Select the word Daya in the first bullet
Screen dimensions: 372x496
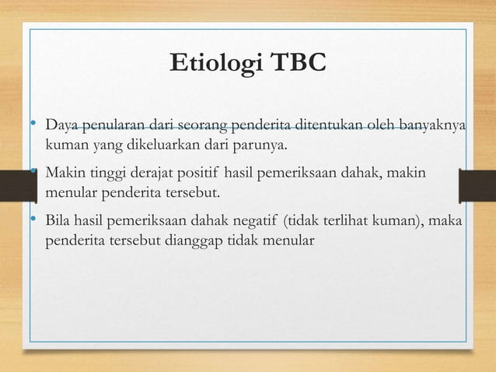tap(60, 126)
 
